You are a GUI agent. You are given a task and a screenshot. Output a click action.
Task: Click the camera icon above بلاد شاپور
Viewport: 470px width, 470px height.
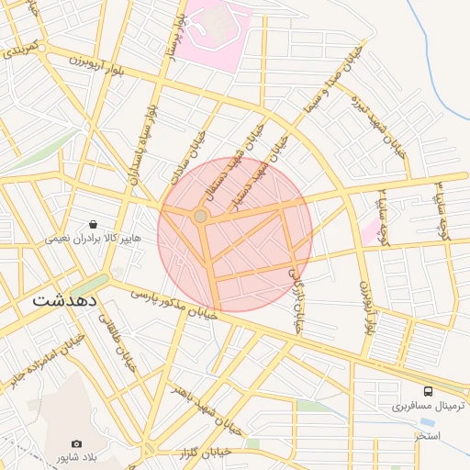pyautogui.click(x=75, y=444)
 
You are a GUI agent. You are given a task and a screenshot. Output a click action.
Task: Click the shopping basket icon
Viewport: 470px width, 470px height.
pyautogui.click(x=94, y=224)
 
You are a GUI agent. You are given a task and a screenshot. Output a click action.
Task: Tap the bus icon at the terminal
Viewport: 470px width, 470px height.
pyautogui.click(x=428, y=392)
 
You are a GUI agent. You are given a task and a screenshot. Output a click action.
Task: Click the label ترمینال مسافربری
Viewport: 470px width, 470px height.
pyautogui.click(x=428, y=406)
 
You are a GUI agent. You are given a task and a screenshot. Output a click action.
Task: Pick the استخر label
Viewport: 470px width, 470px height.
pyautogui.click(x=427, y=434)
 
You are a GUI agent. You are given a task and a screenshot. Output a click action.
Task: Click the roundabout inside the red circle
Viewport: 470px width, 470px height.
pyautogui.click(x=200, y=216)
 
